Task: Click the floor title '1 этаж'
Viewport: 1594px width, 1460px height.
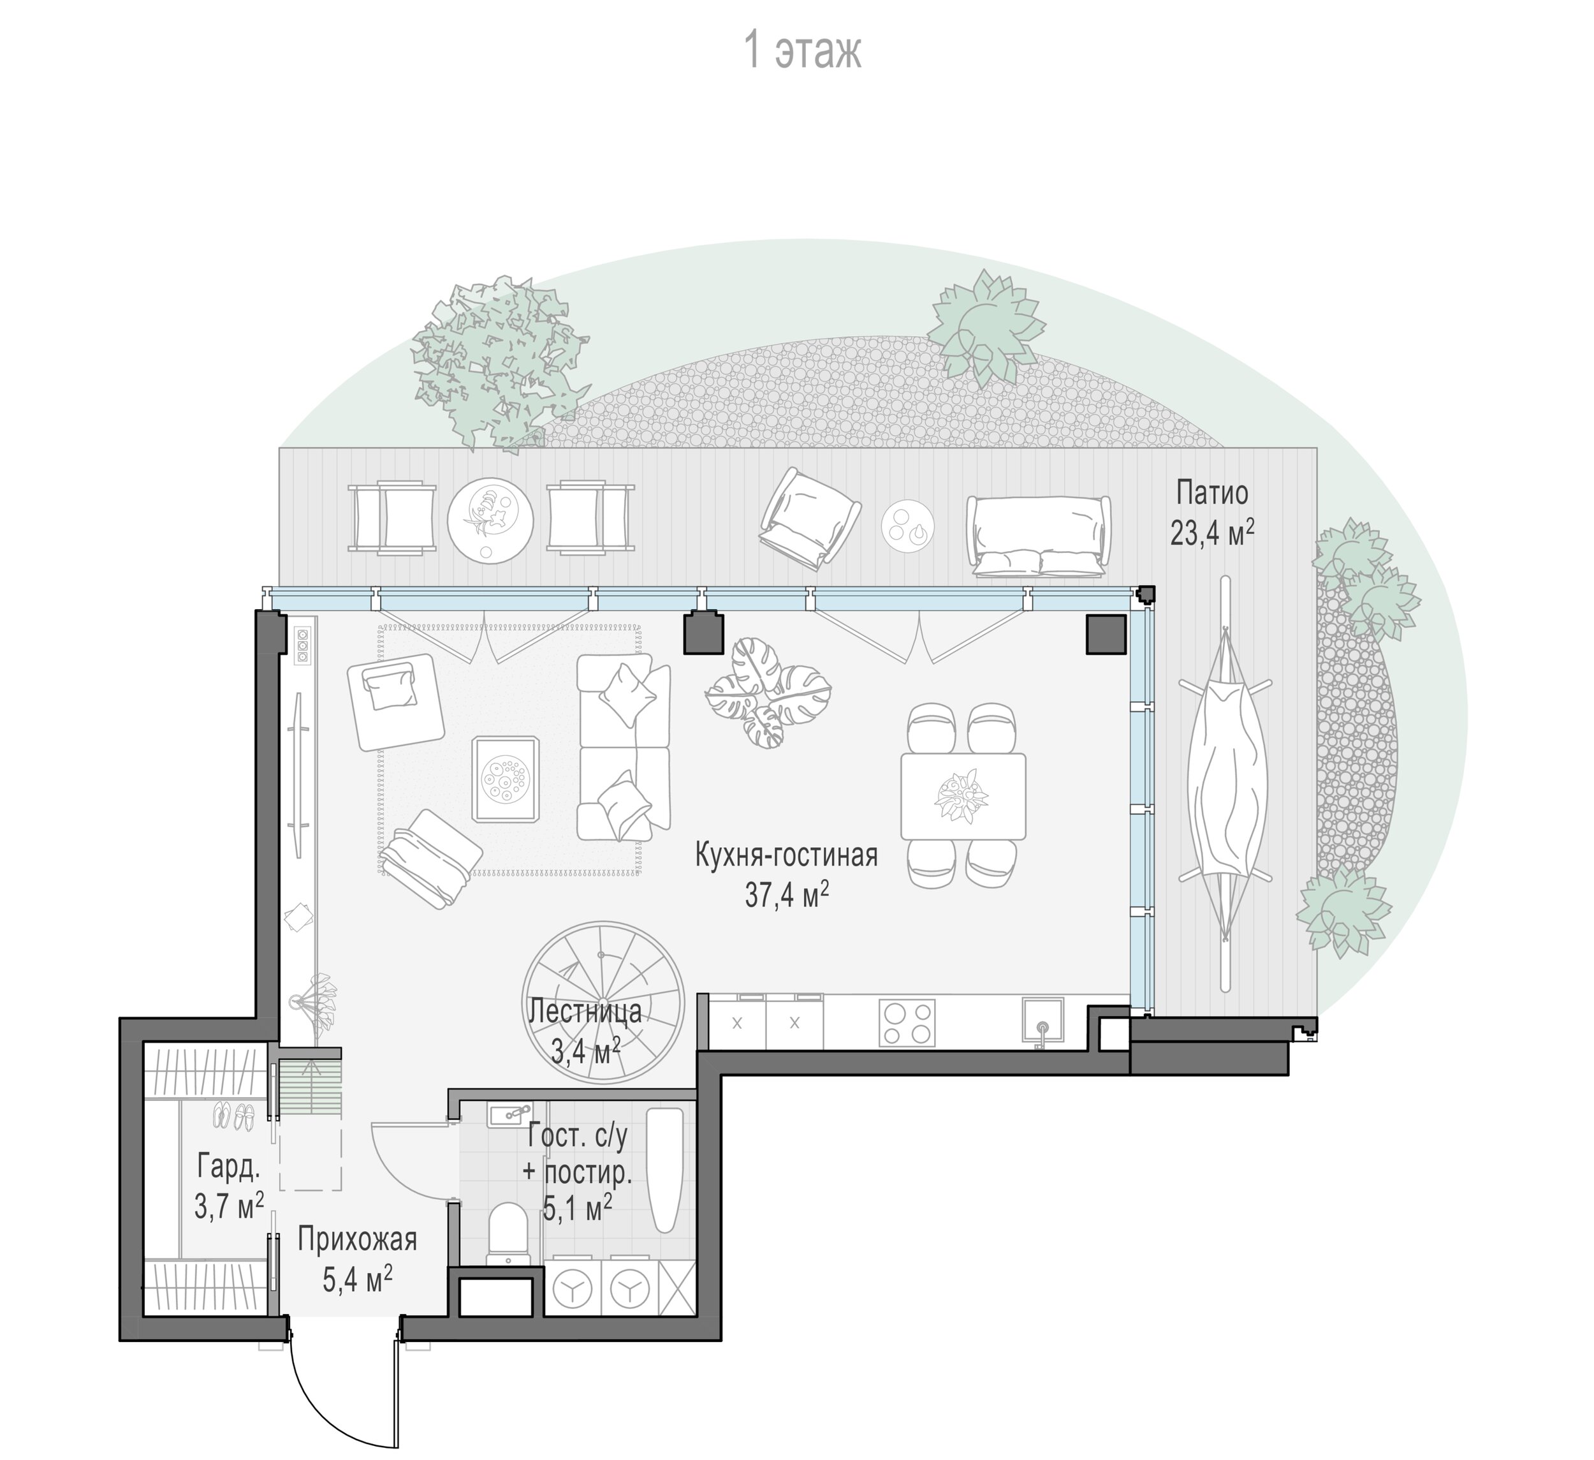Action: (803, 52)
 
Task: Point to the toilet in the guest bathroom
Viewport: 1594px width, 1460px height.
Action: (508, 1235)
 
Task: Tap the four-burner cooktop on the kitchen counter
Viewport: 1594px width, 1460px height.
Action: (907, 1024)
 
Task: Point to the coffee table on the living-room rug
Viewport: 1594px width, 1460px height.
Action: (506, 779)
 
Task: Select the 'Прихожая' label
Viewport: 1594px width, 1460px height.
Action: (358, 1240)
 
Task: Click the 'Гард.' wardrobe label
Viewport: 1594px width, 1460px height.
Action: (228, 1166)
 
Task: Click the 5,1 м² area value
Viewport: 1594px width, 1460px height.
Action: (577, 1207)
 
